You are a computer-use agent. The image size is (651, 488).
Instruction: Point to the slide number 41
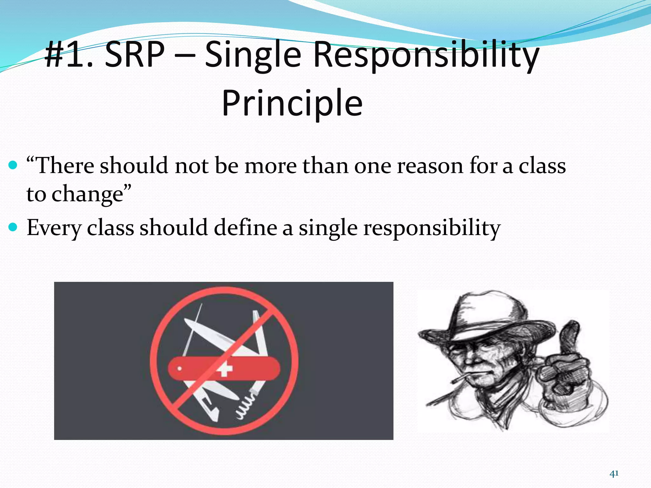(614, 474)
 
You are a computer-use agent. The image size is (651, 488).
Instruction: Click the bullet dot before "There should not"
(13, 165)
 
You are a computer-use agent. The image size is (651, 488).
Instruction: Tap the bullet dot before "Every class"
(13, 227)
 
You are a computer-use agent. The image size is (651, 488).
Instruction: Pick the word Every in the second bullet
(53, 228)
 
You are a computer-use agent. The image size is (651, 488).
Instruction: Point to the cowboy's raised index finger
(571, 337)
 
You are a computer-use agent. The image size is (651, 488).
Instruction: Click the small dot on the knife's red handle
(179, 369)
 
